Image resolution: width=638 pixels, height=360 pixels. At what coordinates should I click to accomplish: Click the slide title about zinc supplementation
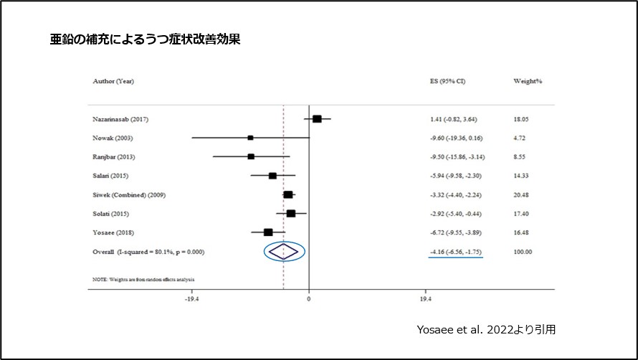[144, 40]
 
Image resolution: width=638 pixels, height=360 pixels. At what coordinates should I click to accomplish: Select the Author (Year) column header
[113, 81]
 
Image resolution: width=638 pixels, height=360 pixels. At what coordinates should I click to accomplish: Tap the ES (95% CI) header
[442, 81]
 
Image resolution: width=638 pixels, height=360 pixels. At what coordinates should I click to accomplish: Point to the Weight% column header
[528, 81]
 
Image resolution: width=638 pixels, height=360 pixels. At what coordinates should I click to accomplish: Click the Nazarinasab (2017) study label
[121, 119]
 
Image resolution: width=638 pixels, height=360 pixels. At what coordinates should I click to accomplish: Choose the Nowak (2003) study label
[113, 138]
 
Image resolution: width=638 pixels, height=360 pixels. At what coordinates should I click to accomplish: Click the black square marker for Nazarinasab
[317, 119]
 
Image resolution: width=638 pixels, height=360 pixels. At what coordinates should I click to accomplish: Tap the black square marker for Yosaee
[268, 232]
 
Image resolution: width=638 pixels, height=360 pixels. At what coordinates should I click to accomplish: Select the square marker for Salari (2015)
[272, 176]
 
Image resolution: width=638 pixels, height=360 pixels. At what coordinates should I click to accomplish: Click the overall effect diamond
[284, 250]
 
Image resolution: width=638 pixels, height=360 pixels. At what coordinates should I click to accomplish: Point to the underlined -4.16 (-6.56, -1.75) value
[452, 251]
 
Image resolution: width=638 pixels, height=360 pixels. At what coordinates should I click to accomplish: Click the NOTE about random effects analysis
[143, 278]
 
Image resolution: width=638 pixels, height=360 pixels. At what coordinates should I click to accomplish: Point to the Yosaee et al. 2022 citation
[486, 330]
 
